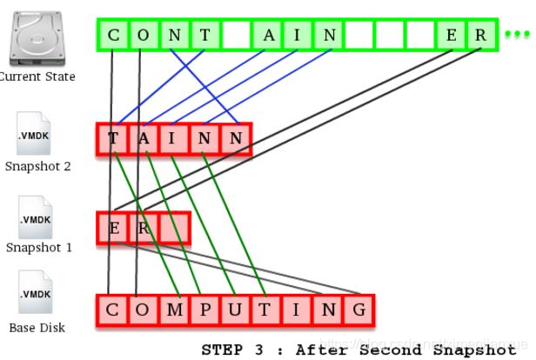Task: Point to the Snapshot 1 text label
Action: [38, 247]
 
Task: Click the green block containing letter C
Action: [112, 35]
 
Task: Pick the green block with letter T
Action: [204, 35]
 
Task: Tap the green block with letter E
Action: [451, 35]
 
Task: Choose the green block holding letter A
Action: [269, 35]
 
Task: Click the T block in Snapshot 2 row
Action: [113, 139]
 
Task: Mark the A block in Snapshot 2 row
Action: [144, 139]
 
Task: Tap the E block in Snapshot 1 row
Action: [113, 229]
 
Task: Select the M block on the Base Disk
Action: [175, 310]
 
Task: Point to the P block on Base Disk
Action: [205, 310]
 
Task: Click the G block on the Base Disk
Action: [358, 310]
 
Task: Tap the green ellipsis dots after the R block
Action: [516, 36]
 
